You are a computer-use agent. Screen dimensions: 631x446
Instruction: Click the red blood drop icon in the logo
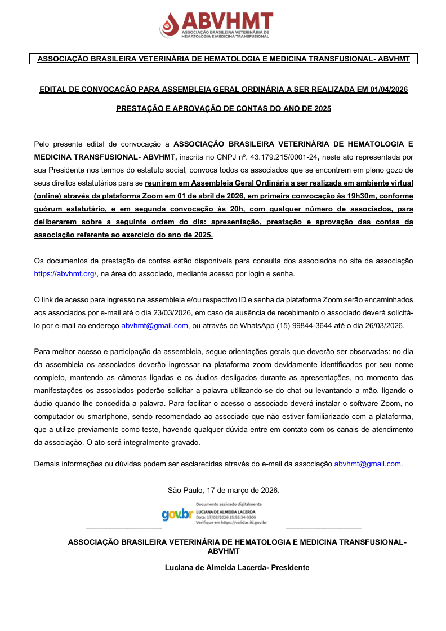(x=168, y=24)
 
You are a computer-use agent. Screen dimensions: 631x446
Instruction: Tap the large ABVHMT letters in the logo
(x=226, y=21)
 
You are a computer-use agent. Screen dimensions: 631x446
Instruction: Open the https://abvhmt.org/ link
(x=65, y=274)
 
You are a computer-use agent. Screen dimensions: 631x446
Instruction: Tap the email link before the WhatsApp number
(x=154, y=326)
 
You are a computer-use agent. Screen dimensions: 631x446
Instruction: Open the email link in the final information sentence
(x=367, y=464)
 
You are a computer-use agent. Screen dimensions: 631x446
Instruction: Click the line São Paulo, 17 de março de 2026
(x=224, y=490)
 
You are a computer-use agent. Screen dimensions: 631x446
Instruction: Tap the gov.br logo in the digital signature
(x=177, y=514)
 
